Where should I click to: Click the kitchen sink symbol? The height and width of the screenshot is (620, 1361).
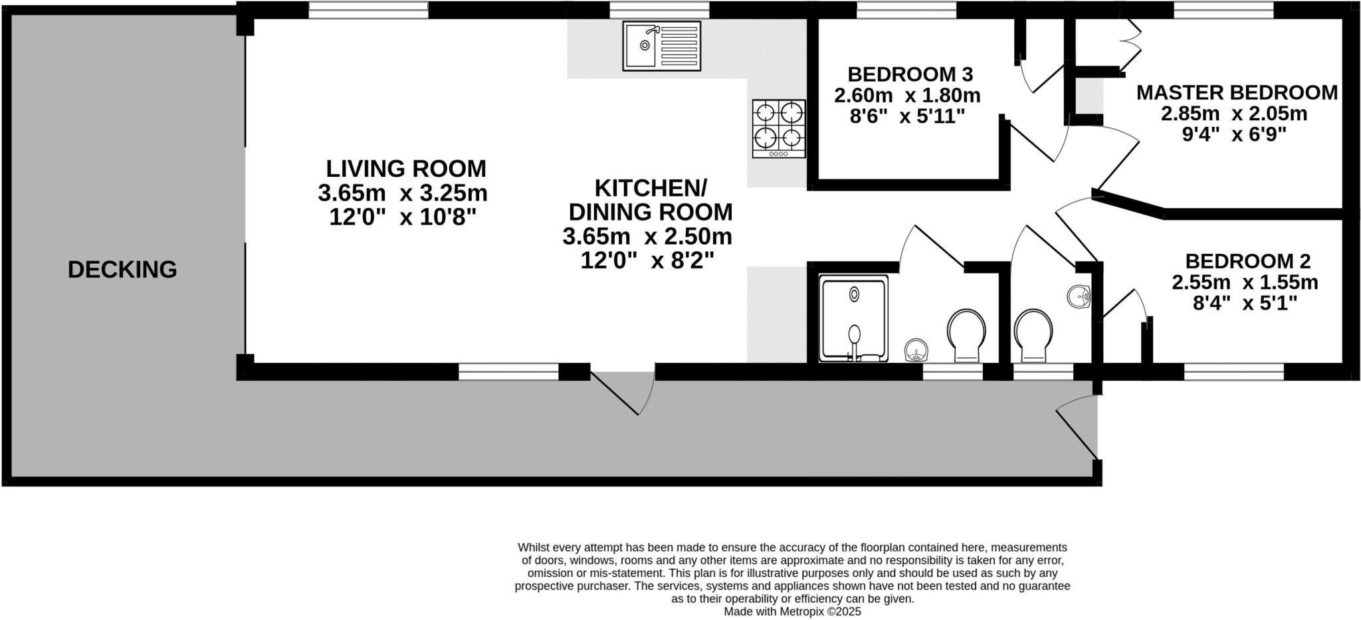661,46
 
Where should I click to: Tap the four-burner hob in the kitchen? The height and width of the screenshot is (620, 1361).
779,128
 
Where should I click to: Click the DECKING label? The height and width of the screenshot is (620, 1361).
122,270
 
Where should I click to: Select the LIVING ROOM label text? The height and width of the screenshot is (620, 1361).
405,168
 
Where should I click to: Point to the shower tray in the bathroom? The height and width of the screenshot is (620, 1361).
854,319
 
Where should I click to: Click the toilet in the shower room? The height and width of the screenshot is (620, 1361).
966,334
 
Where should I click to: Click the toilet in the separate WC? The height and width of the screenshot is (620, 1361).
1033,334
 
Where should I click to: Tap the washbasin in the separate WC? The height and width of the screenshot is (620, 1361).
1079,296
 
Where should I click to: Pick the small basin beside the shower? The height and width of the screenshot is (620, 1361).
916,350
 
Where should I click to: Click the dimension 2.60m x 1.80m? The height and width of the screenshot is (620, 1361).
907,96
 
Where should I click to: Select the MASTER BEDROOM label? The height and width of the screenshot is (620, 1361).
1237,92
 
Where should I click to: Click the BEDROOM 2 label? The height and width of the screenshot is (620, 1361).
1247,260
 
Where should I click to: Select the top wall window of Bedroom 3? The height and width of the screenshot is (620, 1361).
906,10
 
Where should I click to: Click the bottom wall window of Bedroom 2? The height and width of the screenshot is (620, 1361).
1233,371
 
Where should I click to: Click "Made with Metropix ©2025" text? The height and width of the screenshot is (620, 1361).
792,611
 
